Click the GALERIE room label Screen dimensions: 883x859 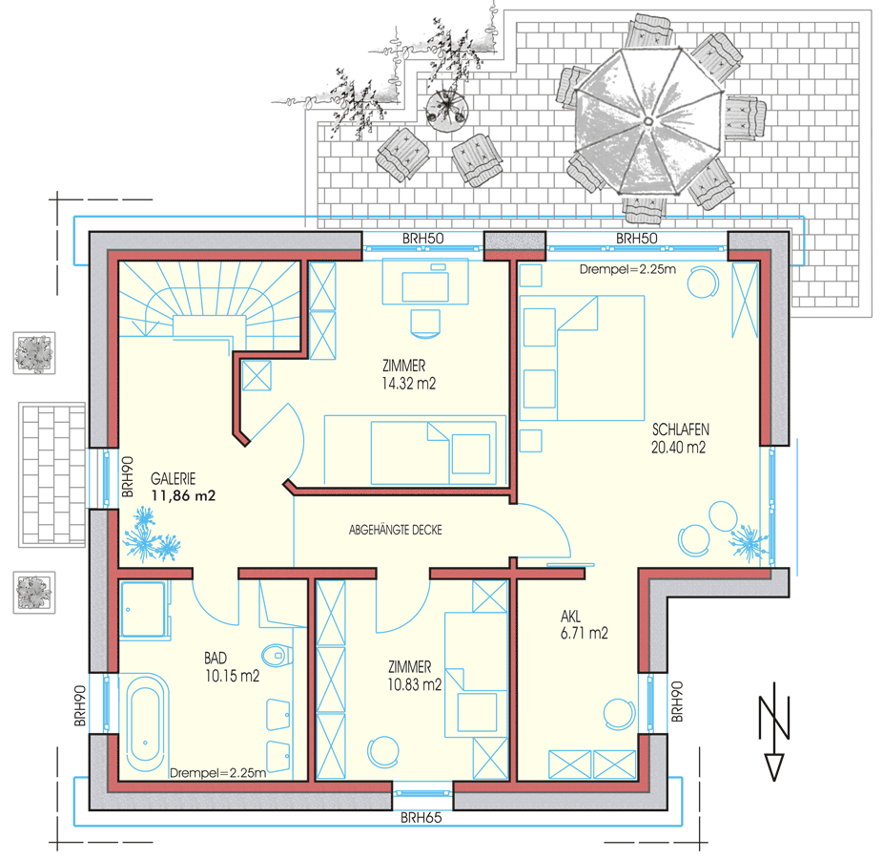(x=173, y=479)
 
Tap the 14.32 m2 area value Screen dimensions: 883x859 (x=409, y=384)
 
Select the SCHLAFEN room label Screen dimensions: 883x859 (x=681, y=429)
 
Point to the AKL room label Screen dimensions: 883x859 (x=570, y=616)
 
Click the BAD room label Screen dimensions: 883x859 (x=216, y=658)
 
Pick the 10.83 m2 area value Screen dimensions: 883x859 (x=415, y=685)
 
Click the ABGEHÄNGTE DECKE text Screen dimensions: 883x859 (x=396, y=530)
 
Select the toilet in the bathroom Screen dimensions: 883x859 (x=277, y=655)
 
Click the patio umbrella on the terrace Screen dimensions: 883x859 (x=648, y=121)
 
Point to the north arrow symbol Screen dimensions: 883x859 (x=774, y=732)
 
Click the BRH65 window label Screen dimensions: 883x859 (x=421, y=817)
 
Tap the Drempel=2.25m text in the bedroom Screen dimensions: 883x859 (x=627, y=269)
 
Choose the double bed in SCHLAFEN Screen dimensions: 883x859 (x=582, y=358)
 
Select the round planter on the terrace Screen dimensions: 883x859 (x=446, y=111)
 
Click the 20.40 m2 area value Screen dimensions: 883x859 (x=679, y=448)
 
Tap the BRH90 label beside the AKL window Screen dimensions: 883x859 (x=677, y=702)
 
